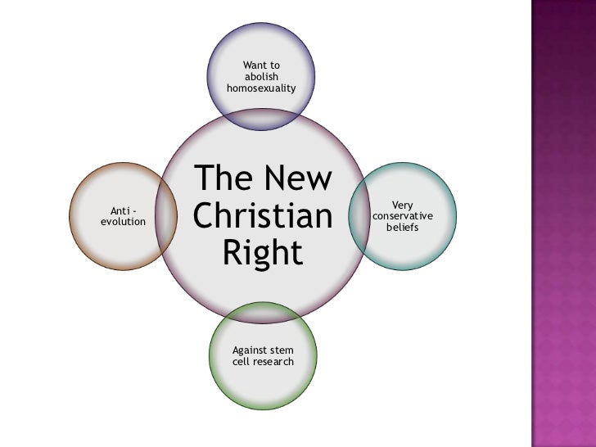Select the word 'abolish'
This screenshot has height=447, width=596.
(x=262, y=76)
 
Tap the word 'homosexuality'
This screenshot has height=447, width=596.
(x=262, y=88)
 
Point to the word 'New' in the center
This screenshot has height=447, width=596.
(x=300, y=179)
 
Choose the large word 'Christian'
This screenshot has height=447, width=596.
(x=263, y=216)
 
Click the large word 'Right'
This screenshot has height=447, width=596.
(x=262, y=253)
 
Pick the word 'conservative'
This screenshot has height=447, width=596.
(x=403, y=215)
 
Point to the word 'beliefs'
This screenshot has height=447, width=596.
(x=403, y=227)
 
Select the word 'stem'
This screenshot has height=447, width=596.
(x=282, y=350)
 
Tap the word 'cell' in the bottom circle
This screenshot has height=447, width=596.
(x=242, y=362)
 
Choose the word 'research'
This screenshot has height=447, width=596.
(x=273, y=362)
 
